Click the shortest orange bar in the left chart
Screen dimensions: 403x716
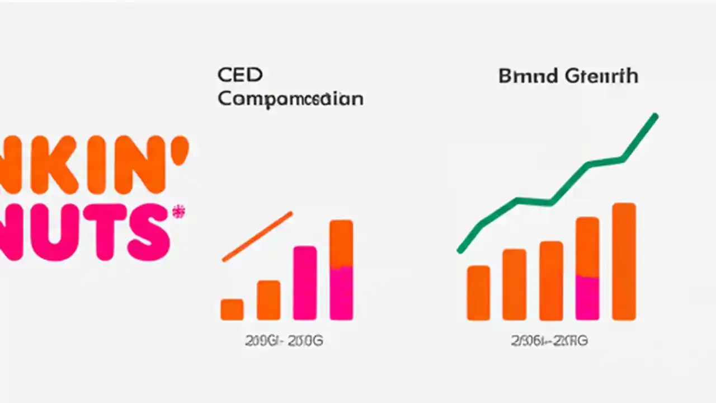232,310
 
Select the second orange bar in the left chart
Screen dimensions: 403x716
268,300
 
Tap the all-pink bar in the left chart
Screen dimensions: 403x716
305,283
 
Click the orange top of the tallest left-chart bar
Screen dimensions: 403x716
341,243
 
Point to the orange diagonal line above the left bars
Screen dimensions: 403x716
257,236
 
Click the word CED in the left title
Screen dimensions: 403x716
240,74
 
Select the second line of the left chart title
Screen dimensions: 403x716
290,99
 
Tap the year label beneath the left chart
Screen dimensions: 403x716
284,341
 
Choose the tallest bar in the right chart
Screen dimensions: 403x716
624,261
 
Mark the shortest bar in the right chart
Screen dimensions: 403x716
478,293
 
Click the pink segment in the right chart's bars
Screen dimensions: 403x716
587,297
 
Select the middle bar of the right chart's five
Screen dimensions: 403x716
551,280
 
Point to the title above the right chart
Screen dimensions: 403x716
568,76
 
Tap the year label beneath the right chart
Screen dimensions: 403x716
549,341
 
